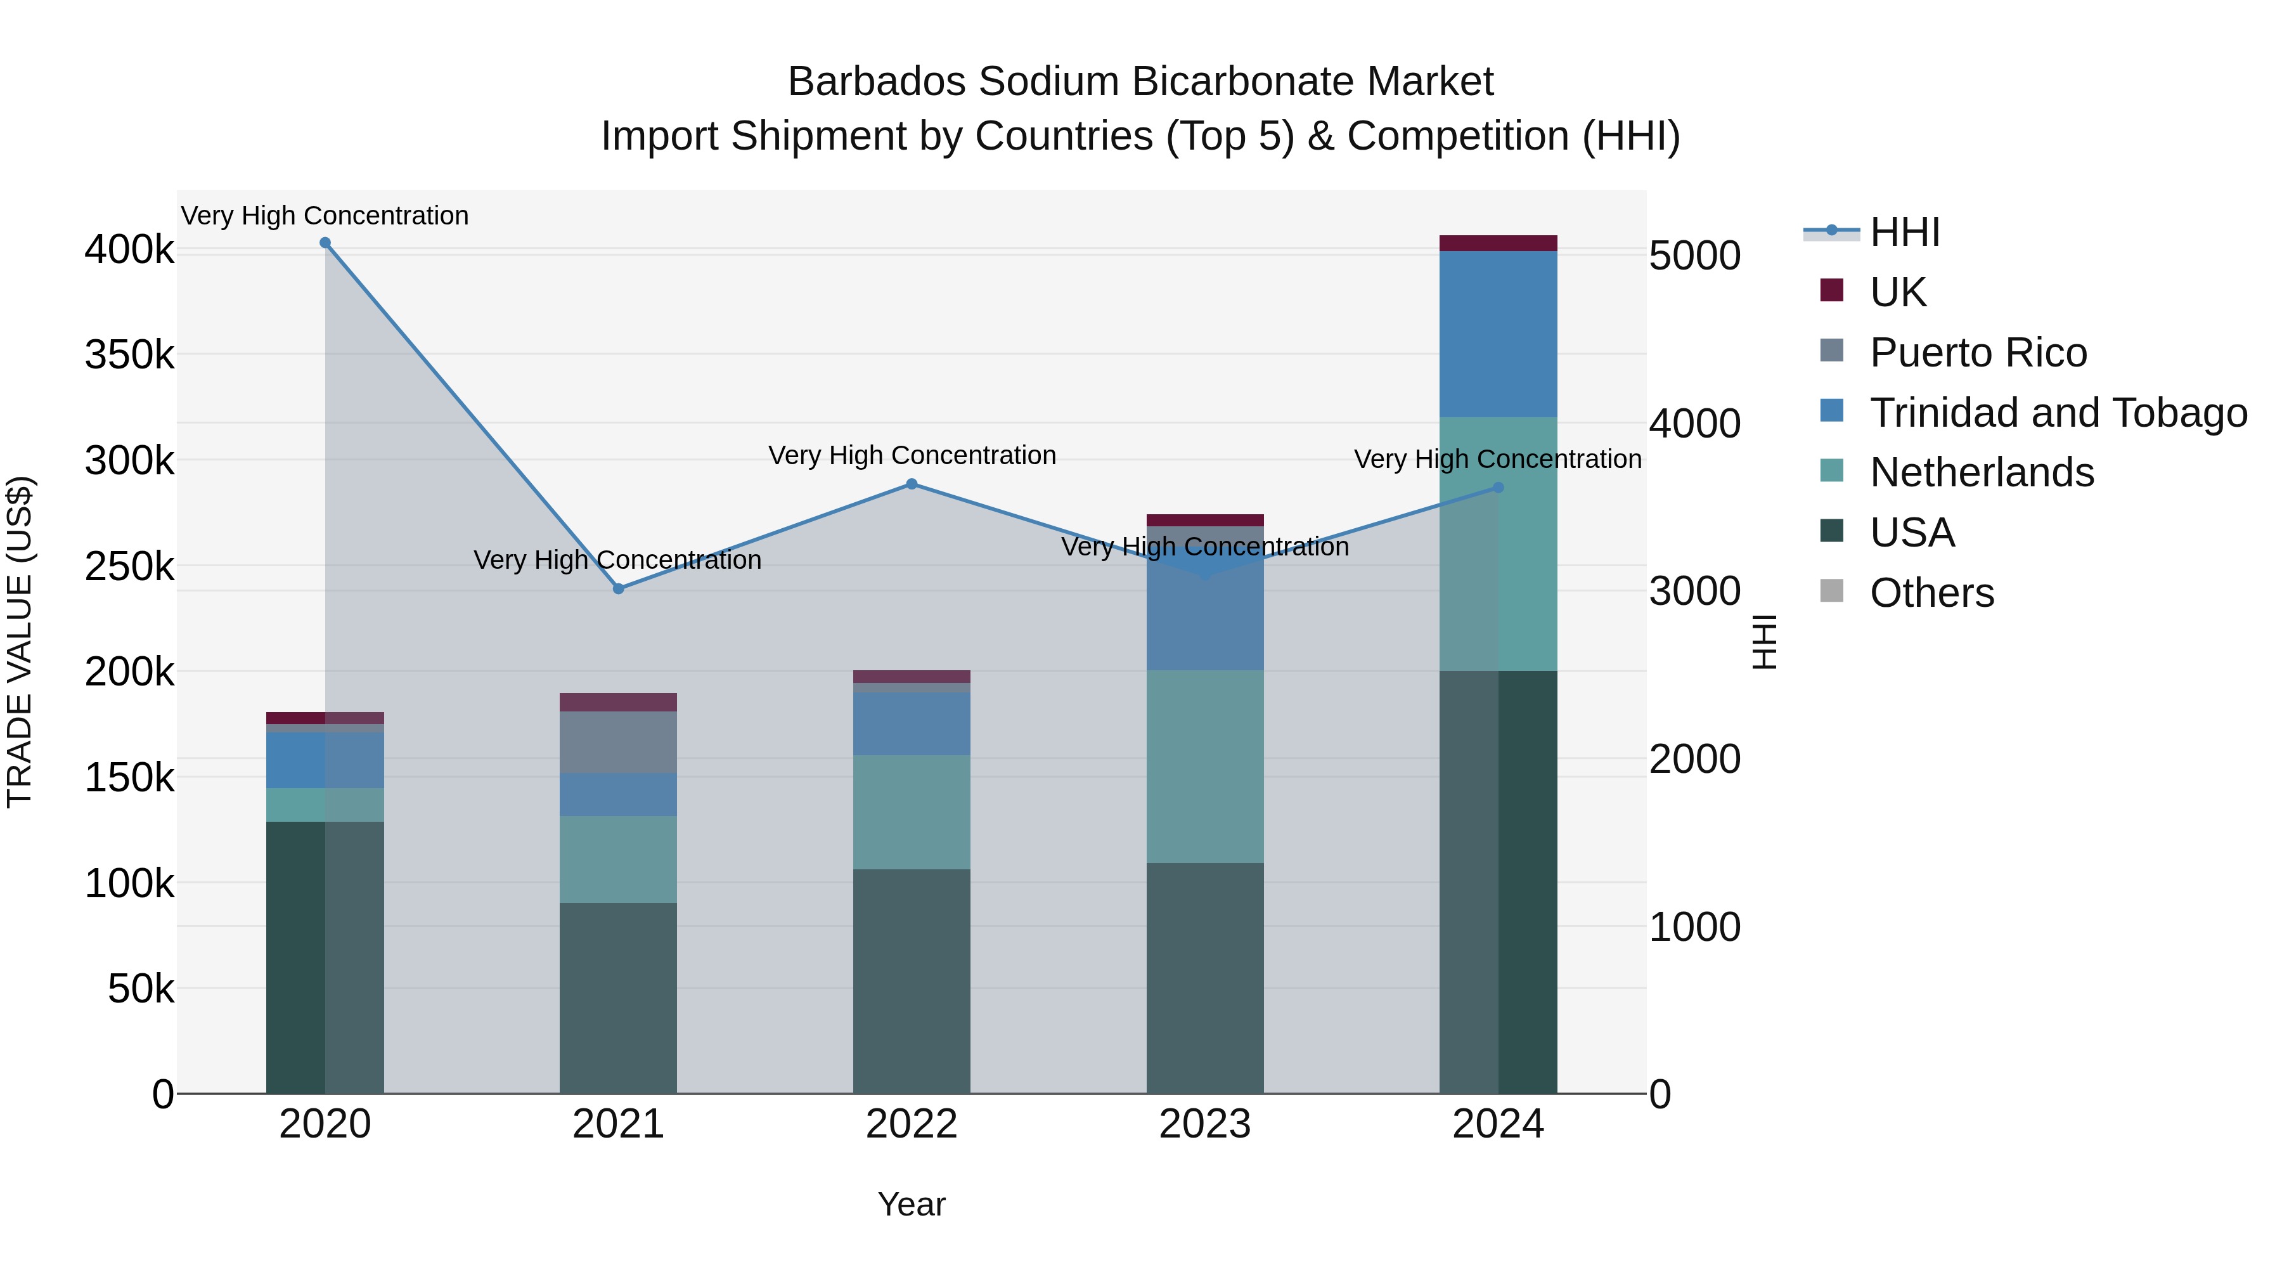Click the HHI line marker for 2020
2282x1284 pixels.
[x=325, y=243]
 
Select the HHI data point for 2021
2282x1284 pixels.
[x=618, y=588]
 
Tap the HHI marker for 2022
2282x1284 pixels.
[x=912, y=484]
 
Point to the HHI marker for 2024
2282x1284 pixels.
[x=1498, y=488]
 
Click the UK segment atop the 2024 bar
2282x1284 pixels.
[x=1498, y=243]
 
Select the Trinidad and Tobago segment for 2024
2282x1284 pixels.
[x=1498, y=334]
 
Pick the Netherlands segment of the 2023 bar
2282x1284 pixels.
[x=1205, y=767]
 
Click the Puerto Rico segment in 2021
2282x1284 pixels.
[x=618, y=742]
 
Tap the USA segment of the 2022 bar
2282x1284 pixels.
[x=912, y=981]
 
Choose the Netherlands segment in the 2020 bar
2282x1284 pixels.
[x=325, y=805]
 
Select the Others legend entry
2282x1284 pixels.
[x=1931, y=593]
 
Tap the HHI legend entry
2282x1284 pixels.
[x=1905, y=232]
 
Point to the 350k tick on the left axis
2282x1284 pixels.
[x=129, y=355]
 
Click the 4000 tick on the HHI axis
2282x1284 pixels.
[x=1694, y=424]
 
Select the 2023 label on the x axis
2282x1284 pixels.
[x=1205, y=1124]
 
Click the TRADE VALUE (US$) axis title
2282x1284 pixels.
[x=20, y=642]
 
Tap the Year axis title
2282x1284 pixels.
[x=912, y=1204]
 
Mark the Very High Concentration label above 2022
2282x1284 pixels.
[x=912, y=455]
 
